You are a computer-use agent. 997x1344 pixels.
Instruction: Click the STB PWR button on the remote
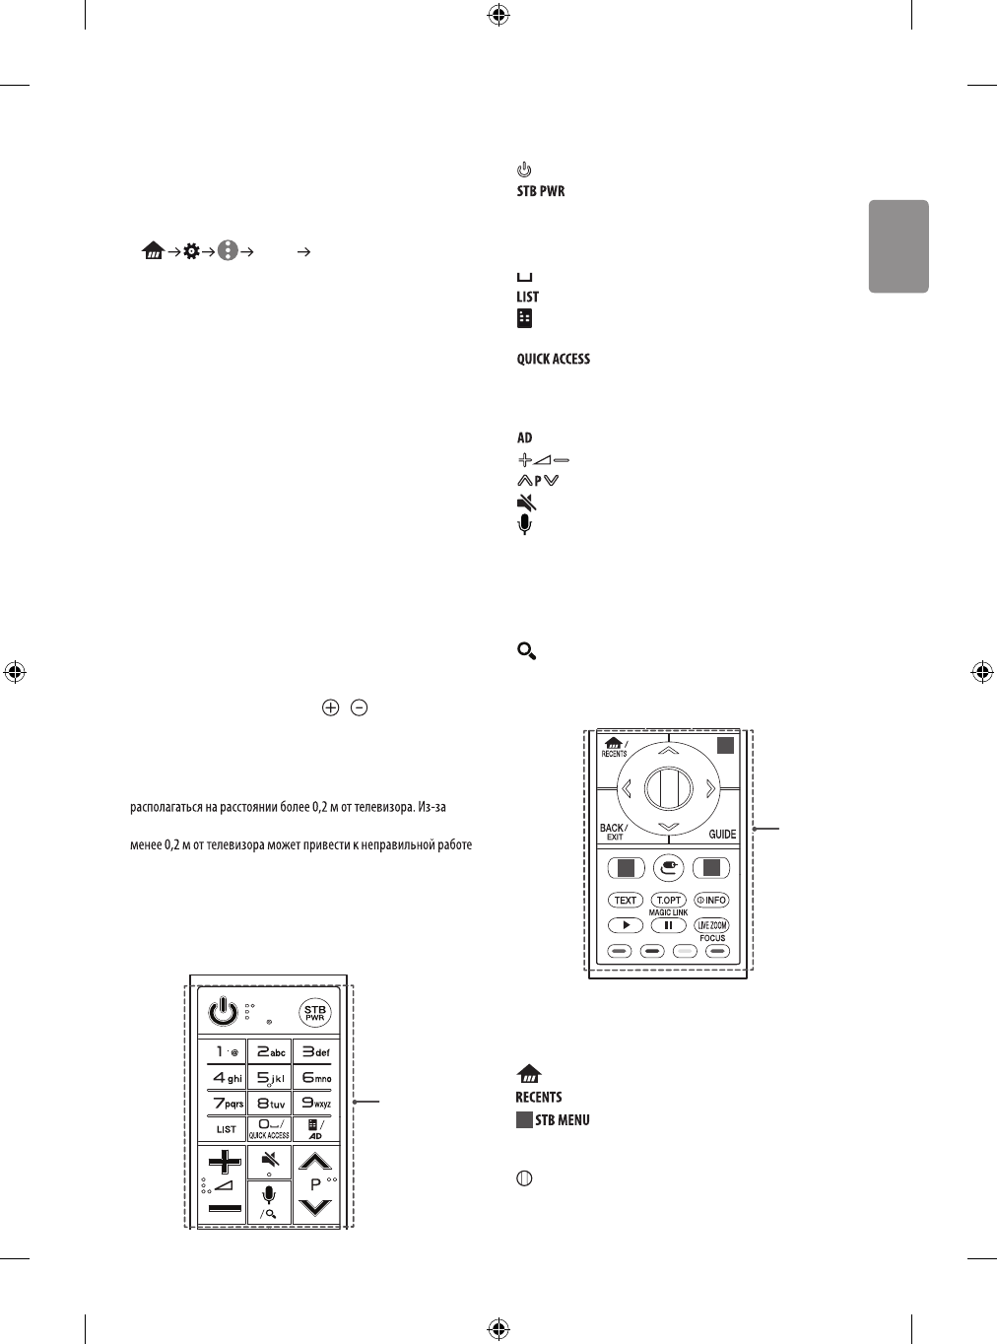(x=314, y=1014)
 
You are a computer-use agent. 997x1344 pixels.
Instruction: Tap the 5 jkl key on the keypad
(x=268, y=1078)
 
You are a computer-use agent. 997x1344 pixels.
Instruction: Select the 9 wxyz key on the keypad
(x=315, y=1104)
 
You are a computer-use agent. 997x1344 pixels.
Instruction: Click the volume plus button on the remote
(x=225, y=1162)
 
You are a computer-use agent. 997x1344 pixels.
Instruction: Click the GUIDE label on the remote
(x=722, y=834)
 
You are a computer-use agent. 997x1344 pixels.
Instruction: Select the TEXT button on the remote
(x=626, y=901)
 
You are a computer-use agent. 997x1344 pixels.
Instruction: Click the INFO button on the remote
(x=711, y=901)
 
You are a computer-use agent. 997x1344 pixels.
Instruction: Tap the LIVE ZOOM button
(x=711, y=925)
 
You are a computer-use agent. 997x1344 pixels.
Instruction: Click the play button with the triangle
(x=626, y=925)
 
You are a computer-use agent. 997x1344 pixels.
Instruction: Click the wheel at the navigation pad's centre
(x=668, y=787)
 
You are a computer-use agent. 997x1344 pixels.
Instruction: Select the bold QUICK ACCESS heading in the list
(x=554, y=359)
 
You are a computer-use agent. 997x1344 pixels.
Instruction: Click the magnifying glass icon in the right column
(x=526, y=650)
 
